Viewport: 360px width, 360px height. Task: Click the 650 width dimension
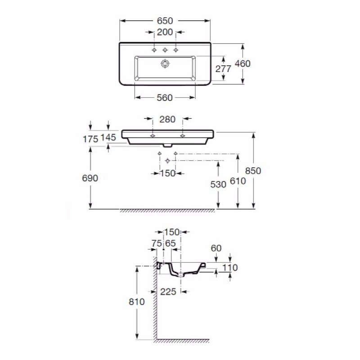tap(165, 21)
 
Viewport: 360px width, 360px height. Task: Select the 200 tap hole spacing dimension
tap(165, 32)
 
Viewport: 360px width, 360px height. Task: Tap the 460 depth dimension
tap(243, 63)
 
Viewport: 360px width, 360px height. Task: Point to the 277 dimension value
tap(223, 69)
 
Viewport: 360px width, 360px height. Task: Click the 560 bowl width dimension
tap(165, 98)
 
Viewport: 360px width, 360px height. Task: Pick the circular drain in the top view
tap(165, 63)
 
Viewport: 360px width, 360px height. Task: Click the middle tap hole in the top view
tap(165, 50)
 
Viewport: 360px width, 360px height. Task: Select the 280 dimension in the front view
tap(167, 119)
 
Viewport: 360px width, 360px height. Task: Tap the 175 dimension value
tap(90, 139)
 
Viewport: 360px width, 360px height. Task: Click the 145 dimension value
tap(108, 138)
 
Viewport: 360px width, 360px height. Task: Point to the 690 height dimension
tap(90, 178)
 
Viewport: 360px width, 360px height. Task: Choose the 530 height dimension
tap(218, 184)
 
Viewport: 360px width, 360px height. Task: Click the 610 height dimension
tap(238, 181)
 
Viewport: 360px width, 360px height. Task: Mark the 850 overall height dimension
tap(253, 171)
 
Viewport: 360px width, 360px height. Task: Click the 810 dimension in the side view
tap(137, 301)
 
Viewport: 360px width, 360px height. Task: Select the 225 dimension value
tap(168, 292)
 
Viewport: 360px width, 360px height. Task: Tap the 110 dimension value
tap(230, 268)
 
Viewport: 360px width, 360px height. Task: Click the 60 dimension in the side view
tap(216, 248)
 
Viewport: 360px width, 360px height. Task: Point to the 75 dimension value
tap(157, 243)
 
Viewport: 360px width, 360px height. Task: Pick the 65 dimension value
tap(171, 243)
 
